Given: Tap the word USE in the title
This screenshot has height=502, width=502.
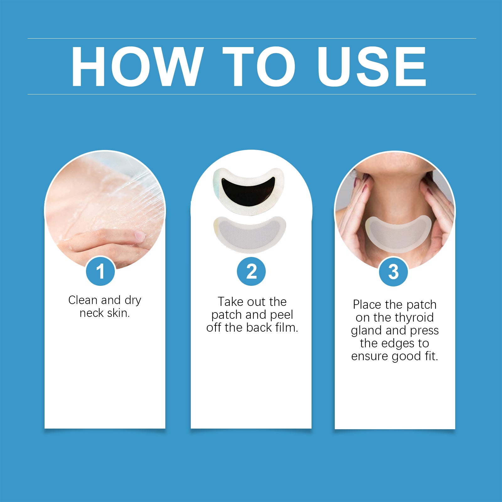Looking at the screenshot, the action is coord(372,66).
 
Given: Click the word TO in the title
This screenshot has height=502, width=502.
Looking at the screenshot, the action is coord(259,66).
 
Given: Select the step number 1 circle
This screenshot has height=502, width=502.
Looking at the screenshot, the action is coord(100,271).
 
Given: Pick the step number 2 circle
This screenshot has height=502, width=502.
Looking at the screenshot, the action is coord(251,271).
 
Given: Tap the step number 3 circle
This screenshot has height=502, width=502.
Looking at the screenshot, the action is coord(393,272).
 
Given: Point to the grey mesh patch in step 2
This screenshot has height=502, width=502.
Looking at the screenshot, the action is coord(249,234).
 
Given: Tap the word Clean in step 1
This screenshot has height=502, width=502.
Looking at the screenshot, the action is coord(83,300).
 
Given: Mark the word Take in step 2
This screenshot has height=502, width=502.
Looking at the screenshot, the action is coord(230,302).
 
